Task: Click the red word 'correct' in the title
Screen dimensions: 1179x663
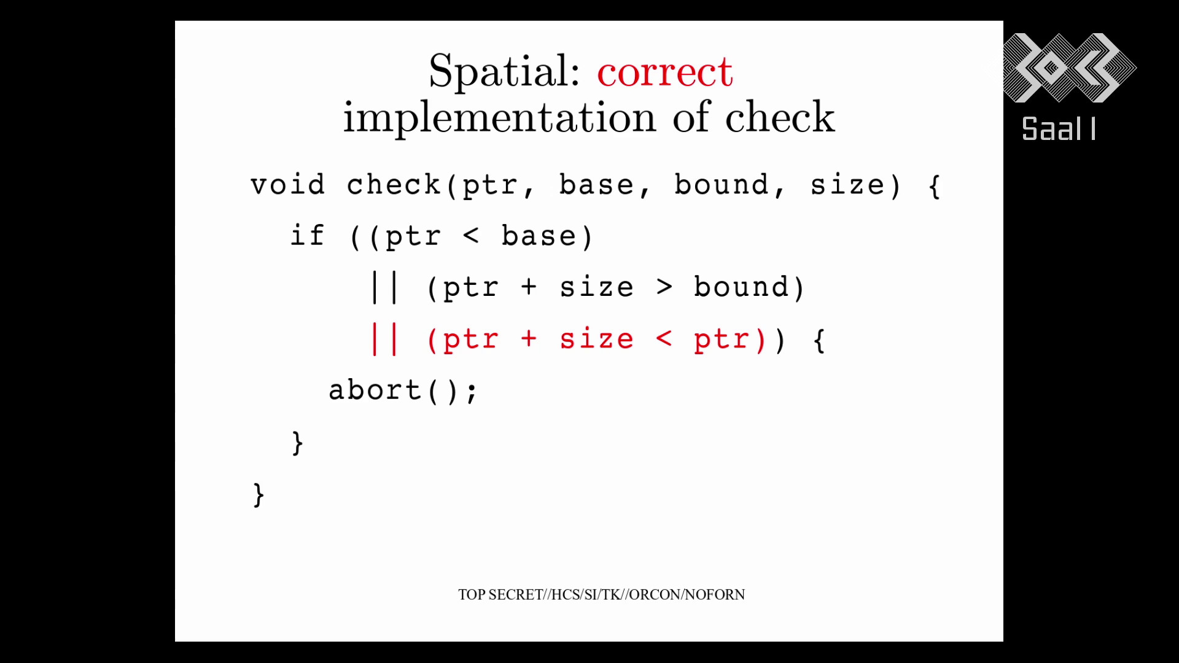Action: [x=665, y=72]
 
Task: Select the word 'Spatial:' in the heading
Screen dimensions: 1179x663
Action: [x=504, y=72]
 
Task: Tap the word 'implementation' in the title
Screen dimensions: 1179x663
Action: [x=499, y=117]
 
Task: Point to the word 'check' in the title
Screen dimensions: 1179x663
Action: [x=780, y=117]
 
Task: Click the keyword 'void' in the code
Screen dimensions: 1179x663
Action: [x=287, y=185]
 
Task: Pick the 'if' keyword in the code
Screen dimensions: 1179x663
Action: [x=307, y=236]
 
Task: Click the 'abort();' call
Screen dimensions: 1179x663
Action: [x=403, y=391]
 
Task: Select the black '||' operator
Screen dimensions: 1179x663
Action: [x=385, y=288]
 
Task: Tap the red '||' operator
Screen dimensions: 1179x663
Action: [x=385, y=339]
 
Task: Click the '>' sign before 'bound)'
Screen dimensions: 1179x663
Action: [x=664, y=287]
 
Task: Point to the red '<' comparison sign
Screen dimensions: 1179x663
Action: [x=664, y=338]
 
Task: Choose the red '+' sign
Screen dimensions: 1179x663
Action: [x=529, y=338]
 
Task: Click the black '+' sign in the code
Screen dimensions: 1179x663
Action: [x=529, y=287]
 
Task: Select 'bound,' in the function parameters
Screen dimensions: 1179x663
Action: [x=730, y=185]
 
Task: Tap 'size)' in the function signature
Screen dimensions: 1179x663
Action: [x=855, y=185]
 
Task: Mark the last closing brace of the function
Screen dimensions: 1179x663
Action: [x=259, y=495]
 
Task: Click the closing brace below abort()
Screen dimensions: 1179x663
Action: [x=297, y=443]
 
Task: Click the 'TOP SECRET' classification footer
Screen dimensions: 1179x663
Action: [x=601, y=594]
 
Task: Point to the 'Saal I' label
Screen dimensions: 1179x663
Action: [x=1059, y=129]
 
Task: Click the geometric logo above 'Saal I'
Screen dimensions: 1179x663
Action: [x=1069, y=68]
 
